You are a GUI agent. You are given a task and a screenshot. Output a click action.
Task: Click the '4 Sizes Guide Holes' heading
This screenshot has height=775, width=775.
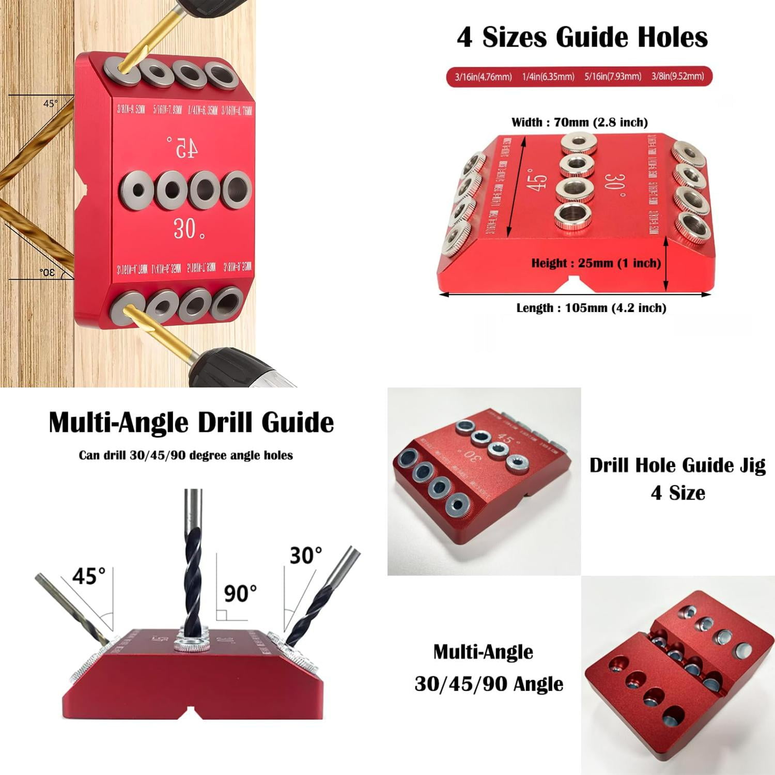point(582,37)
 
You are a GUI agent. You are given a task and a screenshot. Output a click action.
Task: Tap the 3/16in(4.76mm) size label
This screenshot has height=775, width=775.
point(483,77)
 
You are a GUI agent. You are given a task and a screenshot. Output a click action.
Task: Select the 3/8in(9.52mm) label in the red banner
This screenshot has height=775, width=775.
point(677,76)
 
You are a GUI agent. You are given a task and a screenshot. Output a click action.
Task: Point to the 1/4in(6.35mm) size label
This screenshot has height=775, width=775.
point(548,77)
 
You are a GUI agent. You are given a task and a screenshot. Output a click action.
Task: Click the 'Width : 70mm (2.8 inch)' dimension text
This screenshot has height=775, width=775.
point(579,122)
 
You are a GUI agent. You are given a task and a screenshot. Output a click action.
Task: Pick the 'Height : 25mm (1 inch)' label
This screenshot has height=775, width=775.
point(596,263)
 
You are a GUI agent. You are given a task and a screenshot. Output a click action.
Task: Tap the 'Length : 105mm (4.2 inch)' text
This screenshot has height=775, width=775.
point(591,308)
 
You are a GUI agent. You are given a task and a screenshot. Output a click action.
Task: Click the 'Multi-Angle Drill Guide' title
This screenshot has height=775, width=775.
point(191,423)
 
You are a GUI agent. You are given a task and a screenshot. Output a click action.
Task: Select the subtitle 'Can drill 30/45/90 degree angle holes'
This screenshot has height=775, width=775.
point(185,456)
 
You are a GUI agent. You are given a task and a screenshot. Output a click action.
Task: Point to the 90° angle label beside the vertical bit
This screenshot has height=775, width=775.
point(240,594)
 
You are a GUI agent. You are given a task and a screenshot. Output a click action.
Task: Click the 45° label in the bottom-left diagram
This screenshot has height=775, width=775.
point(88,576)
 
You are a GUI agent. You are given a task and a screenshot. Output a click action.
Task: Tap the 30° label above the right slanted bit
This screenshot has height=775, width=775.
point(306,555)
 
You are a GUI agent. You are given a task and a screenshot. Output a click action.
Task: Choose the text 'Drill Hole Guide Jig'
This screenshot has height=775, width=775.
point(677,465)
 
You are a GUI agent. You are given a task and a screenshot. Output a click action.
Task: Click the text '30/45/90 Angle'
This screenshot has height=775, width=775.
point(488,684)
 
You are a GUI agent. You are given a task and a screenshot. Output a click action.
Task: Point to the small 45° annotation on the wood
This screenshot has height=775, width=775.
point(50,103)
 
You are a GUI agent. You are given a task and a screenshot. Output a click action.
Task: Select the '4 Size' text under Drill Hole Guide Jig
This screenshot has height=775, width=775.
point(677,493)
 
